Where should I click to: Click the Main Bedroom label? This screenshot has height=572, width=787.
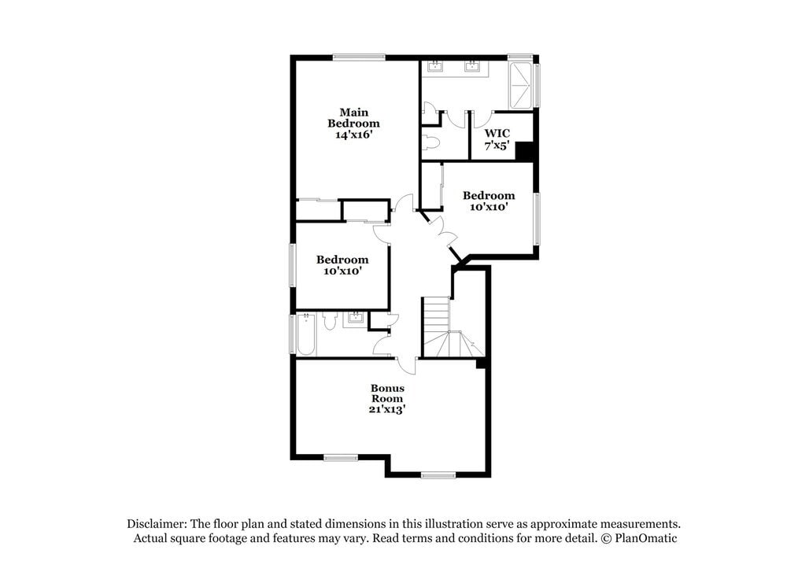pyautogui.click(x=353, y=118)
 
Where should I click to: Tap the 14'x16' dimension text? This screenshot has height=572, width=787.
pyautogui.click(x=353, y=135)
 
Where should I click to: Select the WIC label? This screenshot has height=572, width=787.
pyautogui.click(x=497, y=133)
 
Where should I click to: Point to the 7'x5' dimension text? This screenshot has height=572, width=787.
pyautogui.click(x=497, y=146)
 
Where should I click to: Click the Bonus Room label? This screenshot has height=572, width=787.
pyautogui.click(x=387, y=393)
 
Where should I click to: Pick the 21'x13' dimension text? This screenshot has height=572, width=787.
pyautogui.click(x=387, y=409)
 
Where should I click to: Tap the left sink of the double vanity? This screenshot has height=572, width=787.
pyautogui.click(x=434, y=67)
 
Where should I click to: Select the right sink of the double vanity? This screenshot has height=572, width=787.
pyautogui.click(x=473, y=67)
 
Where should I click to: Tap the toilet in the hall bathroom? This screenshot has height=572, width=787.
pyautogui.click(x=330, y=319)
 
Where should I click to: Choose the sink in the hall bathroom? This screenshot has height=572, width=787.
pyautogui.click(x=355, y=318)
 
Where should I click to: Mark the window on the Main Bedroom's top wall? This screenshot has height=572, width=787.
pyautogui.click(x=359, y=57)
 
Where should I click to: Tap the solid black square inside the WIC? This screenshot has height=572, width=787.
pyautogui.click(x=525, y=150)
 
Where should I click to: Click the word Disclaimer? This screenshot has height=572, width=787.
pyautogui.click(x=156, y=523)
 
